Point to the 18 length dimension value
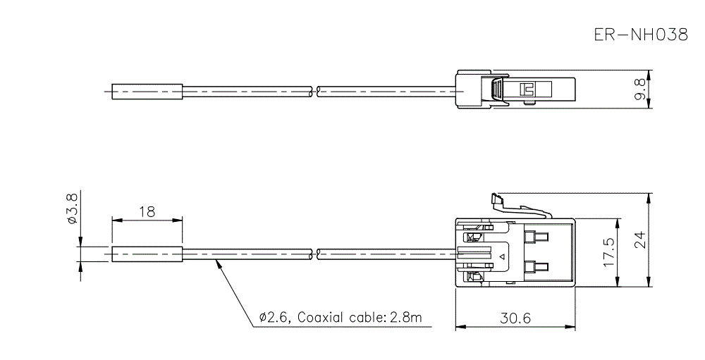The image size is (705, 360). (x=147, y=211)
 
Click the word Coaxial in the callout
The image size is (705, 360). (x=321, y=318)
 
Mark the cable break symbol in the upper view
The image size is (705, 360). (x=315, y=91)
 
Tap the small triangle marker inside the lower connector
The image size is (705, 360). (x=502, y=256)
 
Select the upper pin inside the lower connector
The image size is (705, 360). (x=537, y=235)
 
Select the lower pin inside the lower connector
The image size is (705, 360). (x=537, y=268)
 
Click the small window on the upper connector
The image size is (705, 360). (x=525, y=89)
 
